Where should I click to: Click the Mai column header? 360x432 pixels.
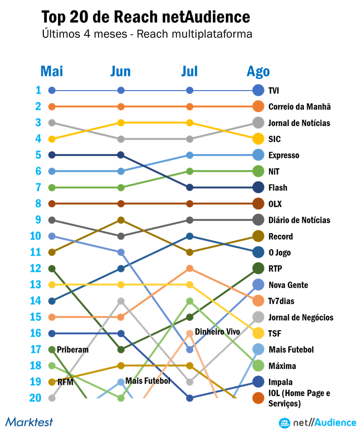(51, 71)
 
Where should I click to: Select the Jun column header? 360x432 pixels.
(121, 71)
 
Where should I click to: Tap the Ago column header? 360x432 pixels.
(258, 71)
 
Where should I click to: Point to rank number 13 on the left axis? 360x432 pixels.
(35, 284)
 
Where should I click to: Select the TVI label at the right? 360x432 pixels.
(274, 91)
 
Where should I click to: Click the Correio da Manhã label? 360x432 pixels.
(299, 107)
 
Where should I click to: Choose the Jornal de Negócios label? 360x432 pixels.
(300, 317)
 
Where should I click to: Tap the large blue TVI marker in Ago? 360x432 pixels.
(258, 91)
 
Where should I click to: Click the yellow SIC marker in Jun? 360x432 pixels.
(121, 123)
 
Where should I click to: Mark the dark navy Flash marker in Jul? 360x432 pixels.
(190, 187)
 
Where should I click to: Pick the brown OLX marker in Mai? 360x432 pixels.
(52, 204)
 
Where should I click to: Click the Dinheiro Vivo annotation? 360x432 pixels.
(217, 332)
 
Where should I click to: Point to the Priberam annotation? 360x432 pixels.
(72, 350)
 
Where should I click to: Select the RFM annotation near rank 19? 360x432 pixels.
(65, 382)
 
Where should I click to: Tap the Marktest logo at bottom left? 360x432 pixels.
(29, 422)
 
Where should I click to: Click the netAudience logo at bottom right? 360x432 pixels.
(317, 422)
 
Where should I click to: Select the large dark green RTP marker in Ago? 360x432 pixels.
(258, 269)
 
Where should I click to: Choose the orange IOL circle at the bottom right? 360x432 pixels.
(258, 398)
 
